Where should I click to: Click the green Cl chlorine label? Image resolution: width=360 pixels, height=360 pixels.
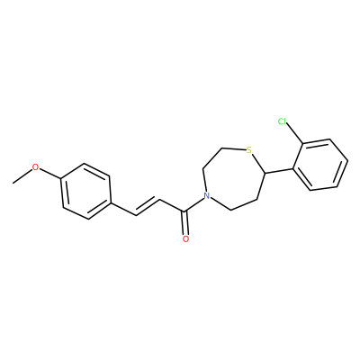(x=283, y=121)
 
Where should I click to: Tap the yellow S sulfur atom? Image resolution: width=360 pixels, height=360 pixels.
(x=248, y=149)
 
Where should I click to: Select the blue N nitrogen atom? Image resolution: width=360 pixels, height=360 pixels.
(x=206, y=196)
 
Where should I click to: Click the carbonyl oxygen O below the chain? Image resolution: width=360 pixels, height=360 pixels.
(x=185, y=238)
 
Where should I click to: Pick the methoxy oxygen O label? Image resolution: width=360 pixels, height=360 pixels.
(x=36, y=167)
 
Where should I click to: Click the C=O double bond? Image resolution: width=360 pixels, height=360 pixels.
(x=185, y=223)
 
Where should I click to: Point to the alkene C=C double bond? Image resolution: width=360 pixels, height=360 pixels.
(x=148, y=206)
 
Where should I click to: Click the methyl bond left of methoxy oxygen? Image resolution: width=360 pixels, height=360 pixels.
(x=22, y=176)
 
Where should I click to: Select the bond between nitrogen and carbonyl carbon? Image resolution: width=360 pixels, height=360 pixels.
(x=194, y=205)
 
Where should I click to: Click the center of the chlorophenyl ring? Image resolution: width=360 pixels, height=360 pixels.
(x=320, y=165)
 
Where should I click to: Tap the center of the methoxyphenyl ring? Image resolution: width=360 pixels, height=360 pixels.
(x=86, y=191)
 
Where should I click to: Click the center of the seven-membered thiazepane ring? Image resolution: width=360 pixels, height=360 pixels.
(x=232, y=178)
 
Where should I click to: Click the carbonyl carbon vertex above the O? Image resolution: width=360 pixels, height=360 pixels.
(x=186, y=212)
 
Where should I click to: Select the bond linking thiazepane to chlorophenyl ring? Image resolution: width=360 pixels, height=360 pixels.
(x=278, y=170)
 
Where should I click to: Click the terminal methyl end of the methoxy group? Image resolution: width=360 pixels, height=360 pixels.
(x=13, y=183)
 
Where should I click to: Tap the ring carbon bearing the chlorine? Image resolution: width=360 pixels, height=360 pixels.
(x=302, y=143)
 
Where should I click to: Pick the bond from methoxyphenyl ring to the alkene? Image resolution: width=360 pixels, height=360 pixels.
(x=123, y=209)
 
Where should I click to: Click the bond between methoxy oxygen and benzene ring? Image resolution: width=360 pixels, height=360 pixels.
(x=50, y=175)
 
